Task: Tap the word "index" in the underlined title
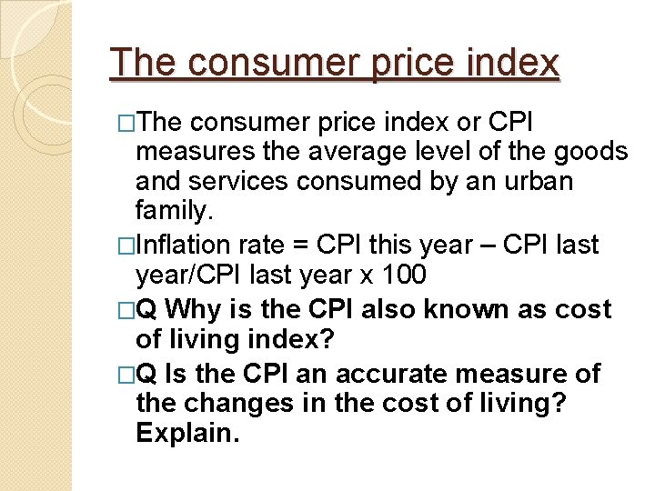tap(515, 63)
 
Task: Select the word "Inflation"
tap(186, 245)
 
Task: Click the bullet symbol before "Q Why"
tap(126, 310)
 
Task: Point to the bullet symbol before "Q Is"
tap(126, 374)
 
